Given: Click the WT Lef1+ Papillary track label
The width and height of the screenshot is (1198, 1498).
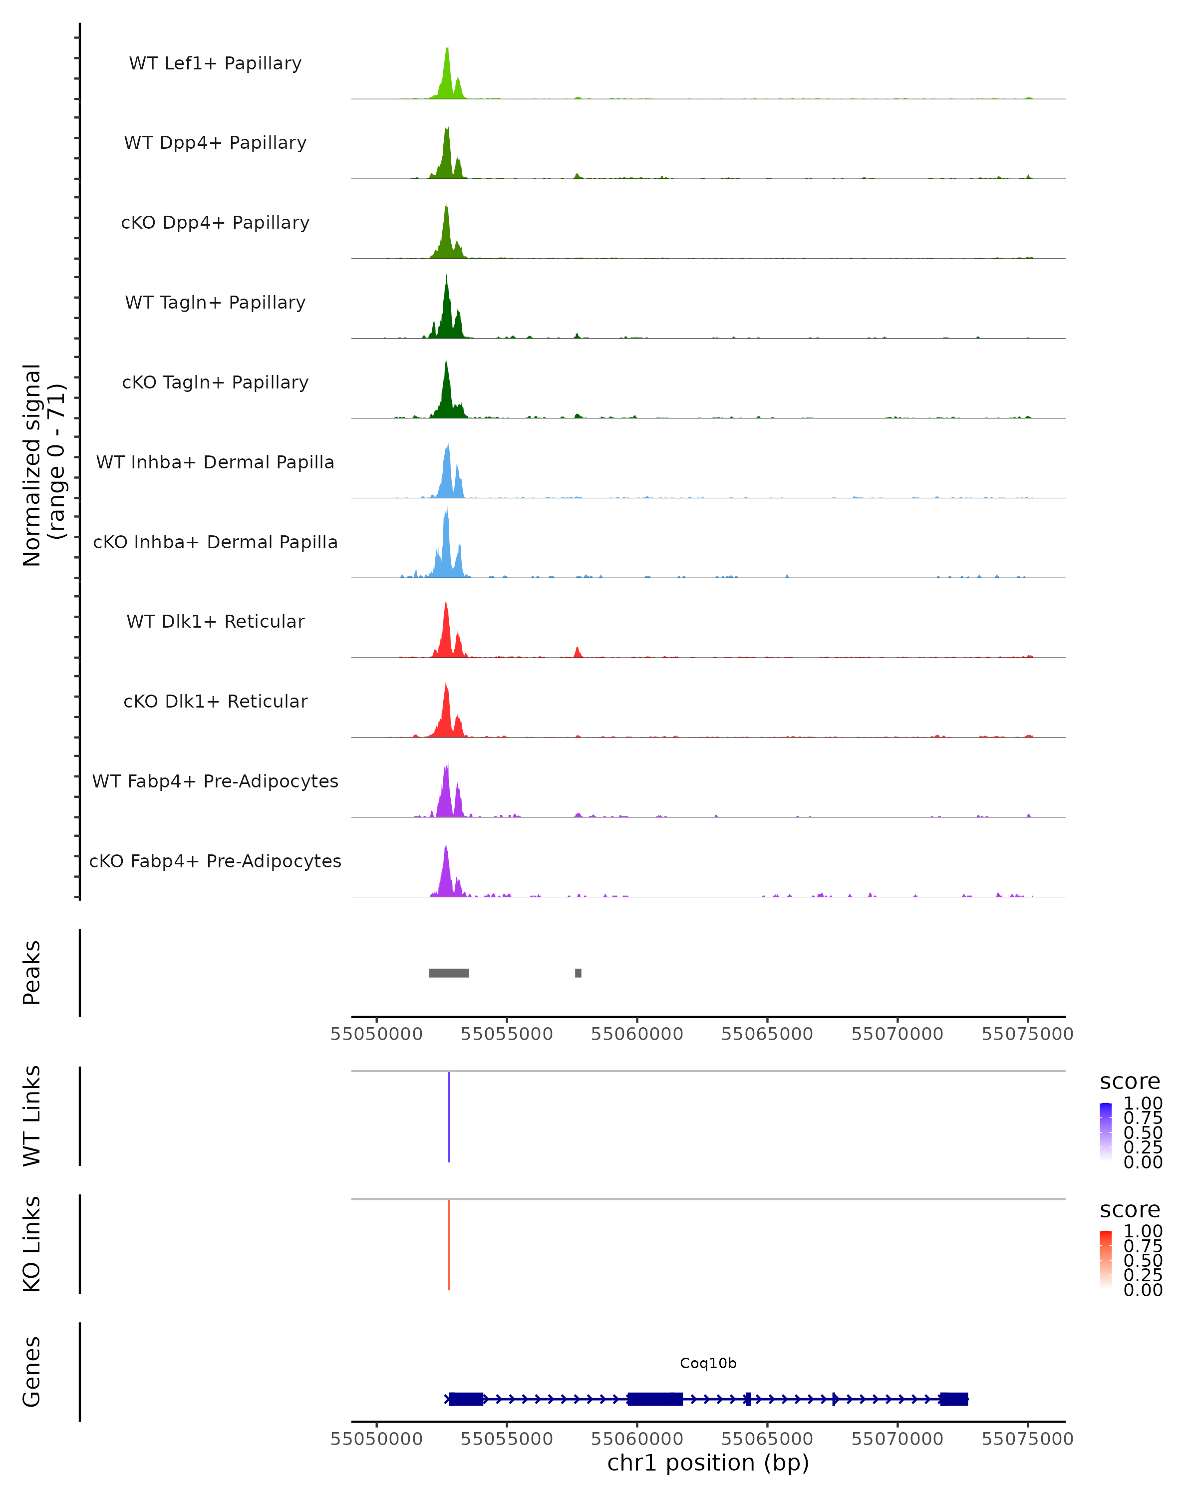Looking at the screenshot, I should (x=215, y=63).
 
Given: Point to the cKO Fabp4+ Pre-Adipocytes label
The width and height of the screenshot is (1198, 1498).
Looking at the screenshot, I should (x=215, y=861).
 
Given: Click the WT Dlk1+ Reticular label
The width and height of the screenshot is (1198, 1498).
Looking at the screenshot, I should (x=215, y=621).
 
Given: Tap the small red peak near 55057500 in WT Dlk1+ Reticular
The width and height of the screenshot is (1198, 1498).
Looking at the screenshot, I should (x=577, y=652).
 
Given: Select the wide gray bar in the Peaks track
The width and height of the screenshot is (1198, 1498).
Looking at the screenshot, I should (x=449, y=973).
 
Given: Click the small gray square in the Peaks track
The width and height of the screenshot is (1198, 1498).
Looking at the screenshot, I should (x=578, y=973).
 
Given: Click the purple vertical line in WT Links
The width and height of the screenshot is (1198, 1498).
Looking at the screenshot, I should (x=449, y=1117).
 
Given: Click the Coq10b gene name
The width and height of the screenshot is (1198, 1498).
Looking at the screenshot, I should (x=708, y=1363).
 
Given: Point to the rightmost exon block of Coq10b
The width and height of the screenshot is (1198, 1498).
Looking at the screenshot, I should (x=953, y=1399).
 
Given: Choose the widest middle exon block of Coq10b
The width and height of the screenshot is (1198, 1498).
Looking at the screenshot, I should (x=654, y=1399).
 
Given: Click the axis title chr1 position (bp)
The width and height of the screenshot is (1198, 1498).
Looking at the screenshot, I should (x=708, y=1463).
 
